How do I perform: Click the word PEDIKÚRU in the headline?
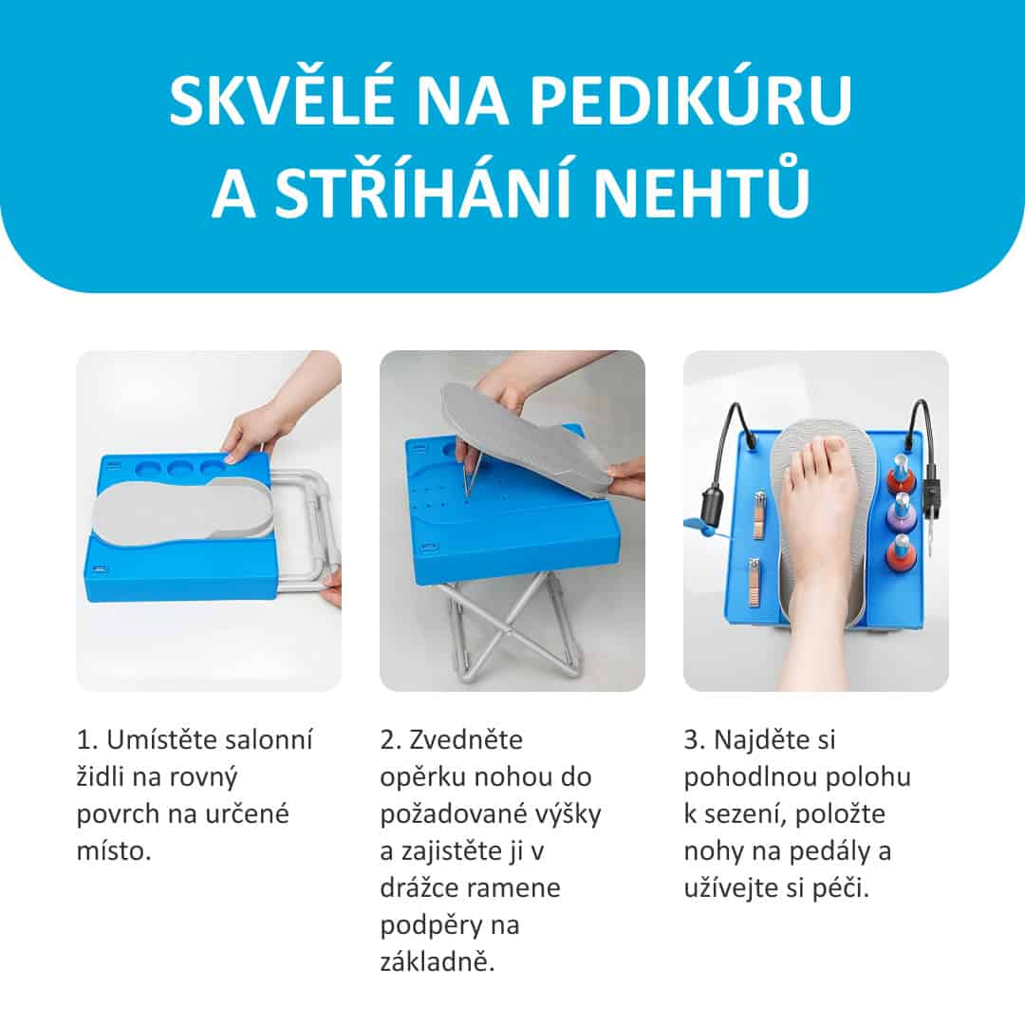click(x=690, y=100)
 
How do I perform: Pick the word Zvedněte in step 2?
click(x=465, y=740)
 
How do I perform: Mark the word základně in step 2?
click(x=437, y=960)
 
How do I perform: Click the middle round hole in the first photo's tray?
click(x=179, y=469)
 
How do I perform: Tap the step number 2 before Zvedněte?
click(x=390, y=740)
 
